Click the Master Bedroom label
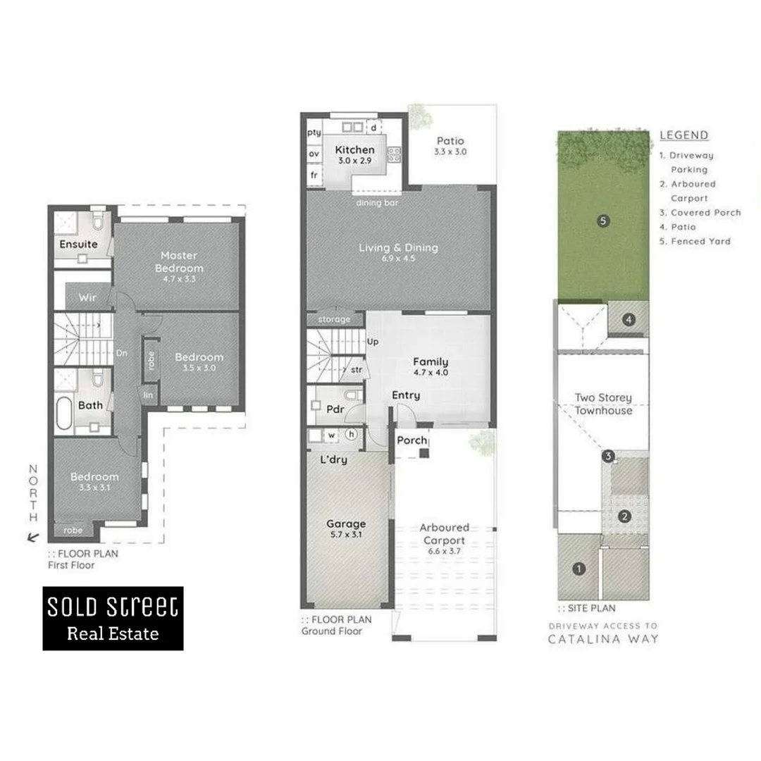(x=179, y=261)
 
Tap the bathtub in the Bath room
(x=64, y=416)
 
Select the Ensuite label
(x=78, y=245)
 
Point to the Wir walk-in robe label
(x=87, y=297)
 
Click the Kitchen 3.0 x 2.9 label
(x=354, y=154)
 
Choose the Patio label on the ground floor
(x=450, y=146)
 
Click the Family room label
(x=430, y=366)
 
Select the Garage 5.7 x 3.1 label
(x=346, y=529)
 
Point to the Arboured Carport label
(x=444, y=533)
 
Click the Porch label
(x=412, y=440)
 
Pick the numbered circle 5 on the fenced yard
(x=602, y=221)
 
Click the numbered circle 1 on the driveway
(x=579, y=569)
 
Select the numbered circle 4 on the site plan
(x=628, y=320)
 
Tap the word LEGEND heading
(x=683, y=135)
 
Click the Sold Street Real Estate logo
(x=113, y=618)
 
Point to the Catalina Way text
(x=602, y=639)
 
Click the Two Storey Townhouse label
(x=603, y=404)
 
